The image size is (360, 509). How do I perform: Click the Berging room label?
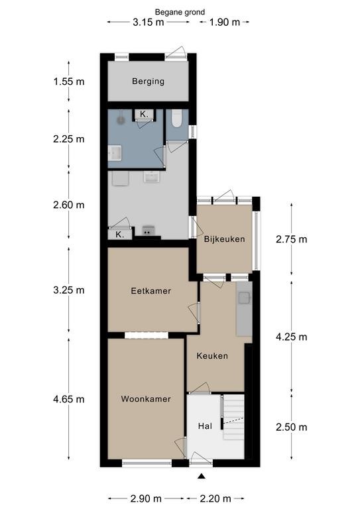[x=148, y=81]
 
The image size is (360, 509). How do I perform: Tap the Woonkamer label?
[x=146, y=398]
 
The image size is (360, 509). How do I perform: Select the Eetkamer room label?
[x=151, y=290]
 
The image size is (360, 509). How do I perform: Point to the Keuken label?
[x=212, y=356]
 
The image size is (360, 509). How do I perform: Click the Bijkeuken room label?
[x=225, y=239]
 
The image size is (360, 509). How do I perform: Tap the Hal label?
[x=205, y=426]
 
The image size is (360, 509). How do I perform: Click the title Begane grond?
[x=180, y=13]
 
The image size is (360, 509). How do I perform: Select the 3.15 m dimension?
[x=149, y=22]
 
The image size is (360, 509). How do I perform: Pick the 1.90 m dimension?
[x=225, y=22]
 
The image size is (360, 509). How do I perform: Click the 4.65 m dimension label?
[x=69, y=399]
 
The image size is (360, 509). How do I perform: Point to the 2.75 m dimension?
[x=292, y=239]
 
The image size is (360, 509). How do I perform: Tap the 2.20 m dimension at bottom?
[x=215, y=498]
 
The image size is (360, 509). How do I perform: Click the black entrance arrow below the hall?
[x=202, y=477]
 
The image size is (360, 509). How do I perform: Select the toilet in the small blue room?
[x=176, y=118]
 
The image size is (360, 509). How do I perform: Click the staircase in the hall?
[x=233, y=417]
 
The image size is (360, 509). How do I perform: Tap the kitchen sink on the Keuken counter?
[x=245, y=298]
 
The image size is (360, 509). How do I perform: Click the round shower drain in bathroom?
[x=121, y=120]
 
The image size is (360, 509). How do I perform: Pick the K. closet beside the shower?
[x=144, y=114]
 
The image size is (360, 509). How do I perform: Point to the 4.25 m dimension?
[x=292, y=337]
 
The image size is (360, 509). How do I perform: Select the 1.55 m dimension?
[x=69, y=81]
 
